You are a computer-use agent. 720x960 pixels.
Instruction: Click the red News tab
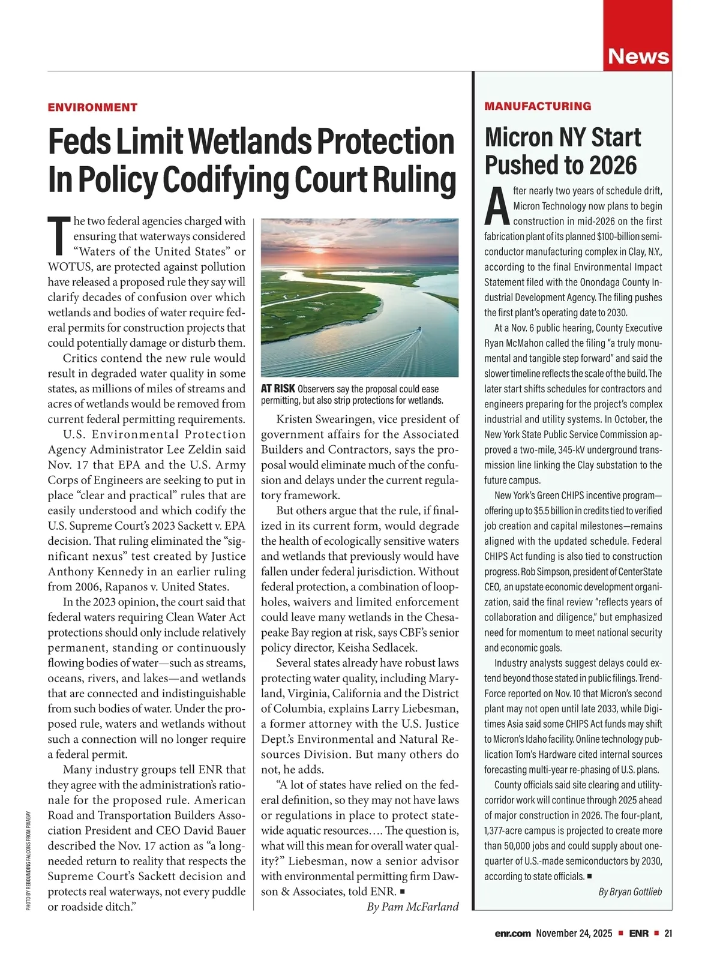pyautogui.click(x=638, y=56)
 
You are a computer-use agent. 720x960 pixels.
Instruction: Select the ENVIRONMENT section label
pyautogui.click(x=92, y=107)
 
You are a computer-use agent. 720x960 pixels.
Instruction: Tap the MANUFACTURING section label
pyautogui.click(x=538, y=106)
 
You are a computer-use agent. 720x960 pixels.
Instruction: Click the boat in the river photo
pyautogui.click(x=418, y=329)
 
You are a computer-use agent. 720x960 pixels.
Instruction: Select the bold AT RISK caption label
pyautogui.click(x=278, y=389)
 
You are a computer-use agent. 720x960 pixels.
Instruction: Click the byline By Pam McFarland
pyautogui.click(x=412, y=907)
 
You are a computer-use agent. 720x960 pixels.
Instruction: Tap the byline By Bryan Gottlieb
pyautogui.click(x=630, y=892)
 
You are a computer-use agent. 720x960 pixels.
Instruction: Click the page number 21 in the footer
pyautogui.click(x=668, y=933)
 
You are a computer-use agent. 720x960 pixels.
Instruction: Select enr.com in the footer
pyautogui.click(x=513, y=933)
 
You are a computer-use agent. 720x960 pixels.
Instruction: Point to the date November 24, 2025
pyautogui.click(x=574, y=933)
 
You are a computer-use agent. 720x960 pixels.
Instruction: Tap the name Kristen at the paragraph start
pyautogui.click(x=298, y=419)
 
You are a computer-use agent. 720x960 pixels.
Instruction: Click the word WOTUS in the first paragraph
pyautogui.click(x=68, y=267)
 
